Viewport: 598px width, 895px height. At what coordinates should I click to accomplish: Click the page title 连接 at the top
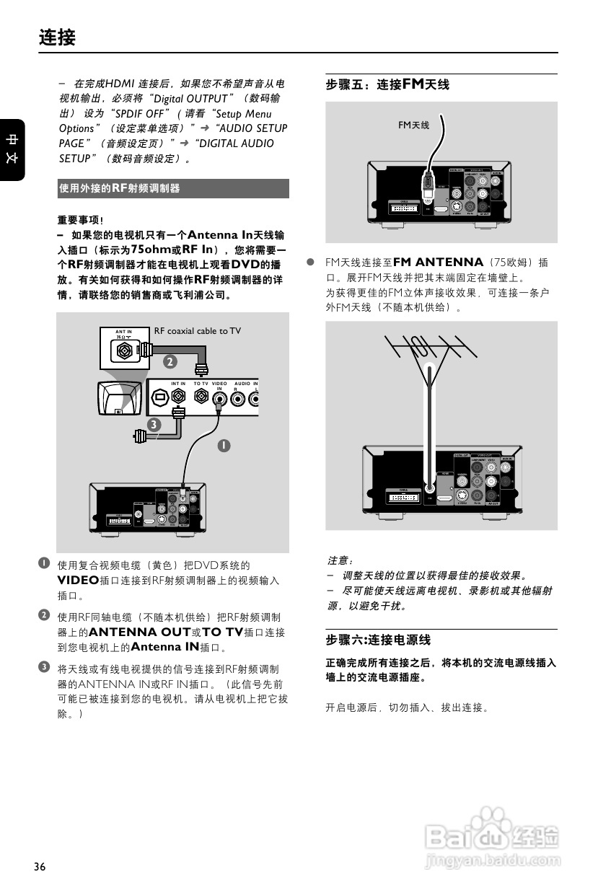click(x=57, y=37)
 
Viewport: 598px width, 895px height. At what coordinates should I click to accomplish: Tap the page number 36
click(x=40, y=866)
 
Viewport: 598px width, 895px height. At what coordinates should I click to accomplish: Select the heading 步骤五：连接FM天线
click(x=387, y=85)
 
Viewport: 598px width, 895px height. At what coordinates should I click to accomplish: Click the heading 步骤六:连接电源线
click(x=378, y=640)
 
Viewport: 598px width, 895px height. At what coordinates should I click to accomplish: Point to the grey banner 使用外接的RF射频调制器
click(x=173, y=188)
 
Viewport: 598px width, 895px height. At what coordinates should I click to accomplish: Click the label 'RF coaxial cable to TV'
click(x=197, y=331)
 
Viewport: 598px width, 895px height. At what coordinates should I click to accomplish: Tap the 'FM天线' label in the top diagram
click(x=413, y=125)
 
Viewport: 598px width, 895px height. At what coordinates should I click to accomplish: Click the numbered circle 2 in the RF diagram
click(x=170, y=361)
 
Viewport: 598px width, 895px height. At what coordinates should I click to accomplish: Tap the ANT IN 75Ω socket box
click(x=125, y=346)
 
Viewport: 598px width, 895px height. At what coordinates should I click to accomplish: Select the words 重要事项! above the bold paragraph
click(x=80, y=220)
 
